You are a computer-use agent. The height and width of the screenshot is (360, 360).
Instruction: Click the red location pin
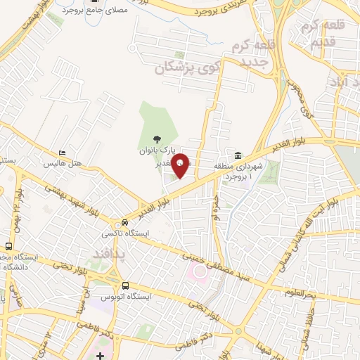click(x=181, y=165)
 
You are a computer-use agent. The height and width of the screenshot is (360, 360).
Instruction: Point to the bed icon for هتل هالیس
click(x=63, y=153)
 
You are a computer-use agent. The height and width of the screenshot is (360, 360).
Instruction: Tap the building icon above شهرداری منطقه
click(x=238, y=155)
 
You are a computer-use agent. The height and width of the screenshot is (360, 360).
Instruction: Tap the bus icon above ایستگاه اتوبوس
click(x=125, y=285)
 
